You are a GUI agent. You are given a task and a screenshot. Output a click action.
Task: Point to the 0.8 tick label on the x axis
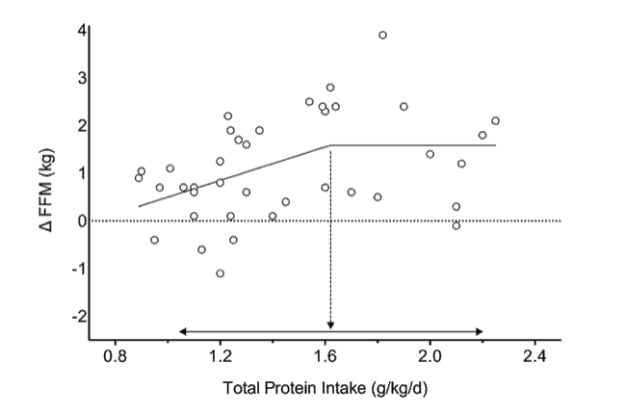[116, 355]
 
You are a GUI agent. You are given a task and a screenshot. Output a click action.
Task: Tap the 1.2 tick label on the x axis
[221, 355]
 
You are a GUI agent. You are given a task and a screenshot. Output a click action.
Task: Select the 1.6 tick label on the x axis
[325, 355]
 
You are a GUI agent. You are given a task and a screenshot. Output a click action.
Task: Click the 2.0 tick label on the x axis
[430, 355]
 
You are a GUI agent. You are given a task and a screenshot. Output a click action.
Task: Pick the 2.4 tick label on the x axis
[535, 355]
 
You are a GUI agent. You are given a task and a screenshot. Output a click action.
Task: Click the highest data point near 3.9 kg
[382, 35]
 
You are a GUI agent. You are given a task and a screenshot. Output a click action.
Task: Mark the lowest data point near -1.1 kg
[221, 273]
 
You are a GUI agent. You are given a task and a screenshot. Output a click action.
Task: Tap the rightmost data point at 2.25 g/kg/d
[495, 120]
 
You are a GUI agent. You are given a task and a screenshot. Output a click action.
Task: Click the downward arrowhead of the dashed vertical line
[330, 325]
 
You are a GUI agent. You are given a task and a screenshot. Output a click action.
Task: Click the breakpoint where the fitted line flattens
[330, 145]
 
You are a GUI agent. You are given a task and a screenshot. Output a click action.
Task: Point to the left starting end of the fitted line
[139, 206]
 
